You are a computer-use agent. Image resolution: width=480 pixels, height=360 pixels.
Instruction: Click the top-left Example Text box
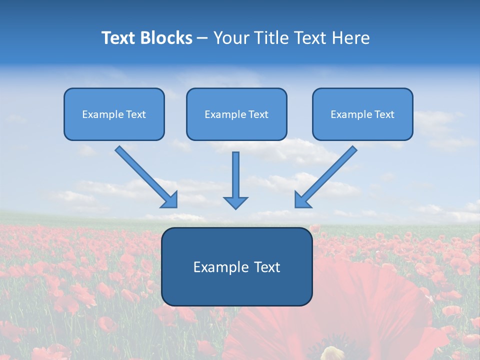pyautogui.click(x=114, y=114)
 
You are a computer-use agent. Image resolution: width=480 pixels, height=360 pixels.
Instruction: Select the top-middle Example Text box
pyautogui.click(x=236, y=114)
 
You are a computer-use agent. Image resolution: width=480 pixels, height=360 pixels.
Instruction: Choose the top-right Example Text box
pyautogui.click(x=362, y=114)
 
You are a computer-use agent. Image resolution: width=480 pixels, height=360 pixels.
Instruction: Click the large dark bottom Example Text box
pyautogui.click(x=236, y=266)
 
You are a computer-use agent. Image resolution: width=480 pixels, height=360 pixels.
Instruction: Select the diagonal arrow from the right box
pyautogui.click(x=327, y=175)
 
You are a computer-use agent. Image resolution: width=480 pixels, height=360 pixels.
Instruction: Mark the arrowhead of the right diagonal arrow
pyautogui.click(x=301, y=200)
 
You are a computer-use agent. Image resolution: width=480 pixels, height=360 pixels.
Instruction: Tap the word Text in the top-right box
pyautogui.click(x=384, y=114)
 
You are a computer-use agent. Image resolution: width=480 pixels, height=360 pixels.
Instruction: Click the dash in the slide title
pyautogui.click(x=202, y=38)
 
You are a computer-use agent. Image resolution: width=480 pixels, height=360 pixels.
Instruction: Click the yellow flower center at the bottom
pyautogui.click(x=330, y=353)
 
